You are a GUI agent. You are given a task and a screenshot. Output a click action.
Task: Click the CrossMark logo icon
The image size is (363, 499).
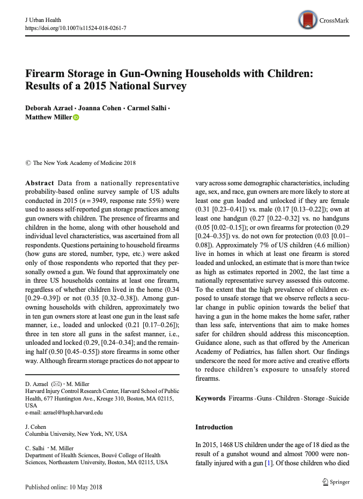[308, 20]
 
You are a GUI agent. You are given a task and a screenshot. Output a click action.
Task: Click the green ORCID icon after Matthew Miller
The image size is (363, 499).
[76, 118]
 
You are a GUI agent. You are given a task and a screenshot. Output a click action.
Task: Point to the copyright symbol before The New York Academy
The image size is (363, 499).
[28, 162]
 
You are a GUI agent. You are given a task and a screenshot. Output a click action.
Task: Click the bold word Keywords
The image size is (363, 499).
[210, 398]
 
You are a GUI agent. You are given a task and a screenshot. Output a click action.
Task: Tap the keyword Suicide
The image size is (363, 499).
[338, 398]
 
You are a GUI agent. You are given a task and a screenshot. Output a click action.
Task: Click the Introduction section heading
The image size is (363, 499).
[214, 427]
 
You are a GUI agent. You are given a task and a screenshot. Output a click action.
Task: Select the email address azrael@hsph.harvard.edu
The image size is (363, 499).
[64, 412]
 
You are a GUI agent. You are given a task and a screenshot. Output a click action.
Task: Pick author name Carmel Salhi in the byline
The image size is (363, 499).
[146, 108]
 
